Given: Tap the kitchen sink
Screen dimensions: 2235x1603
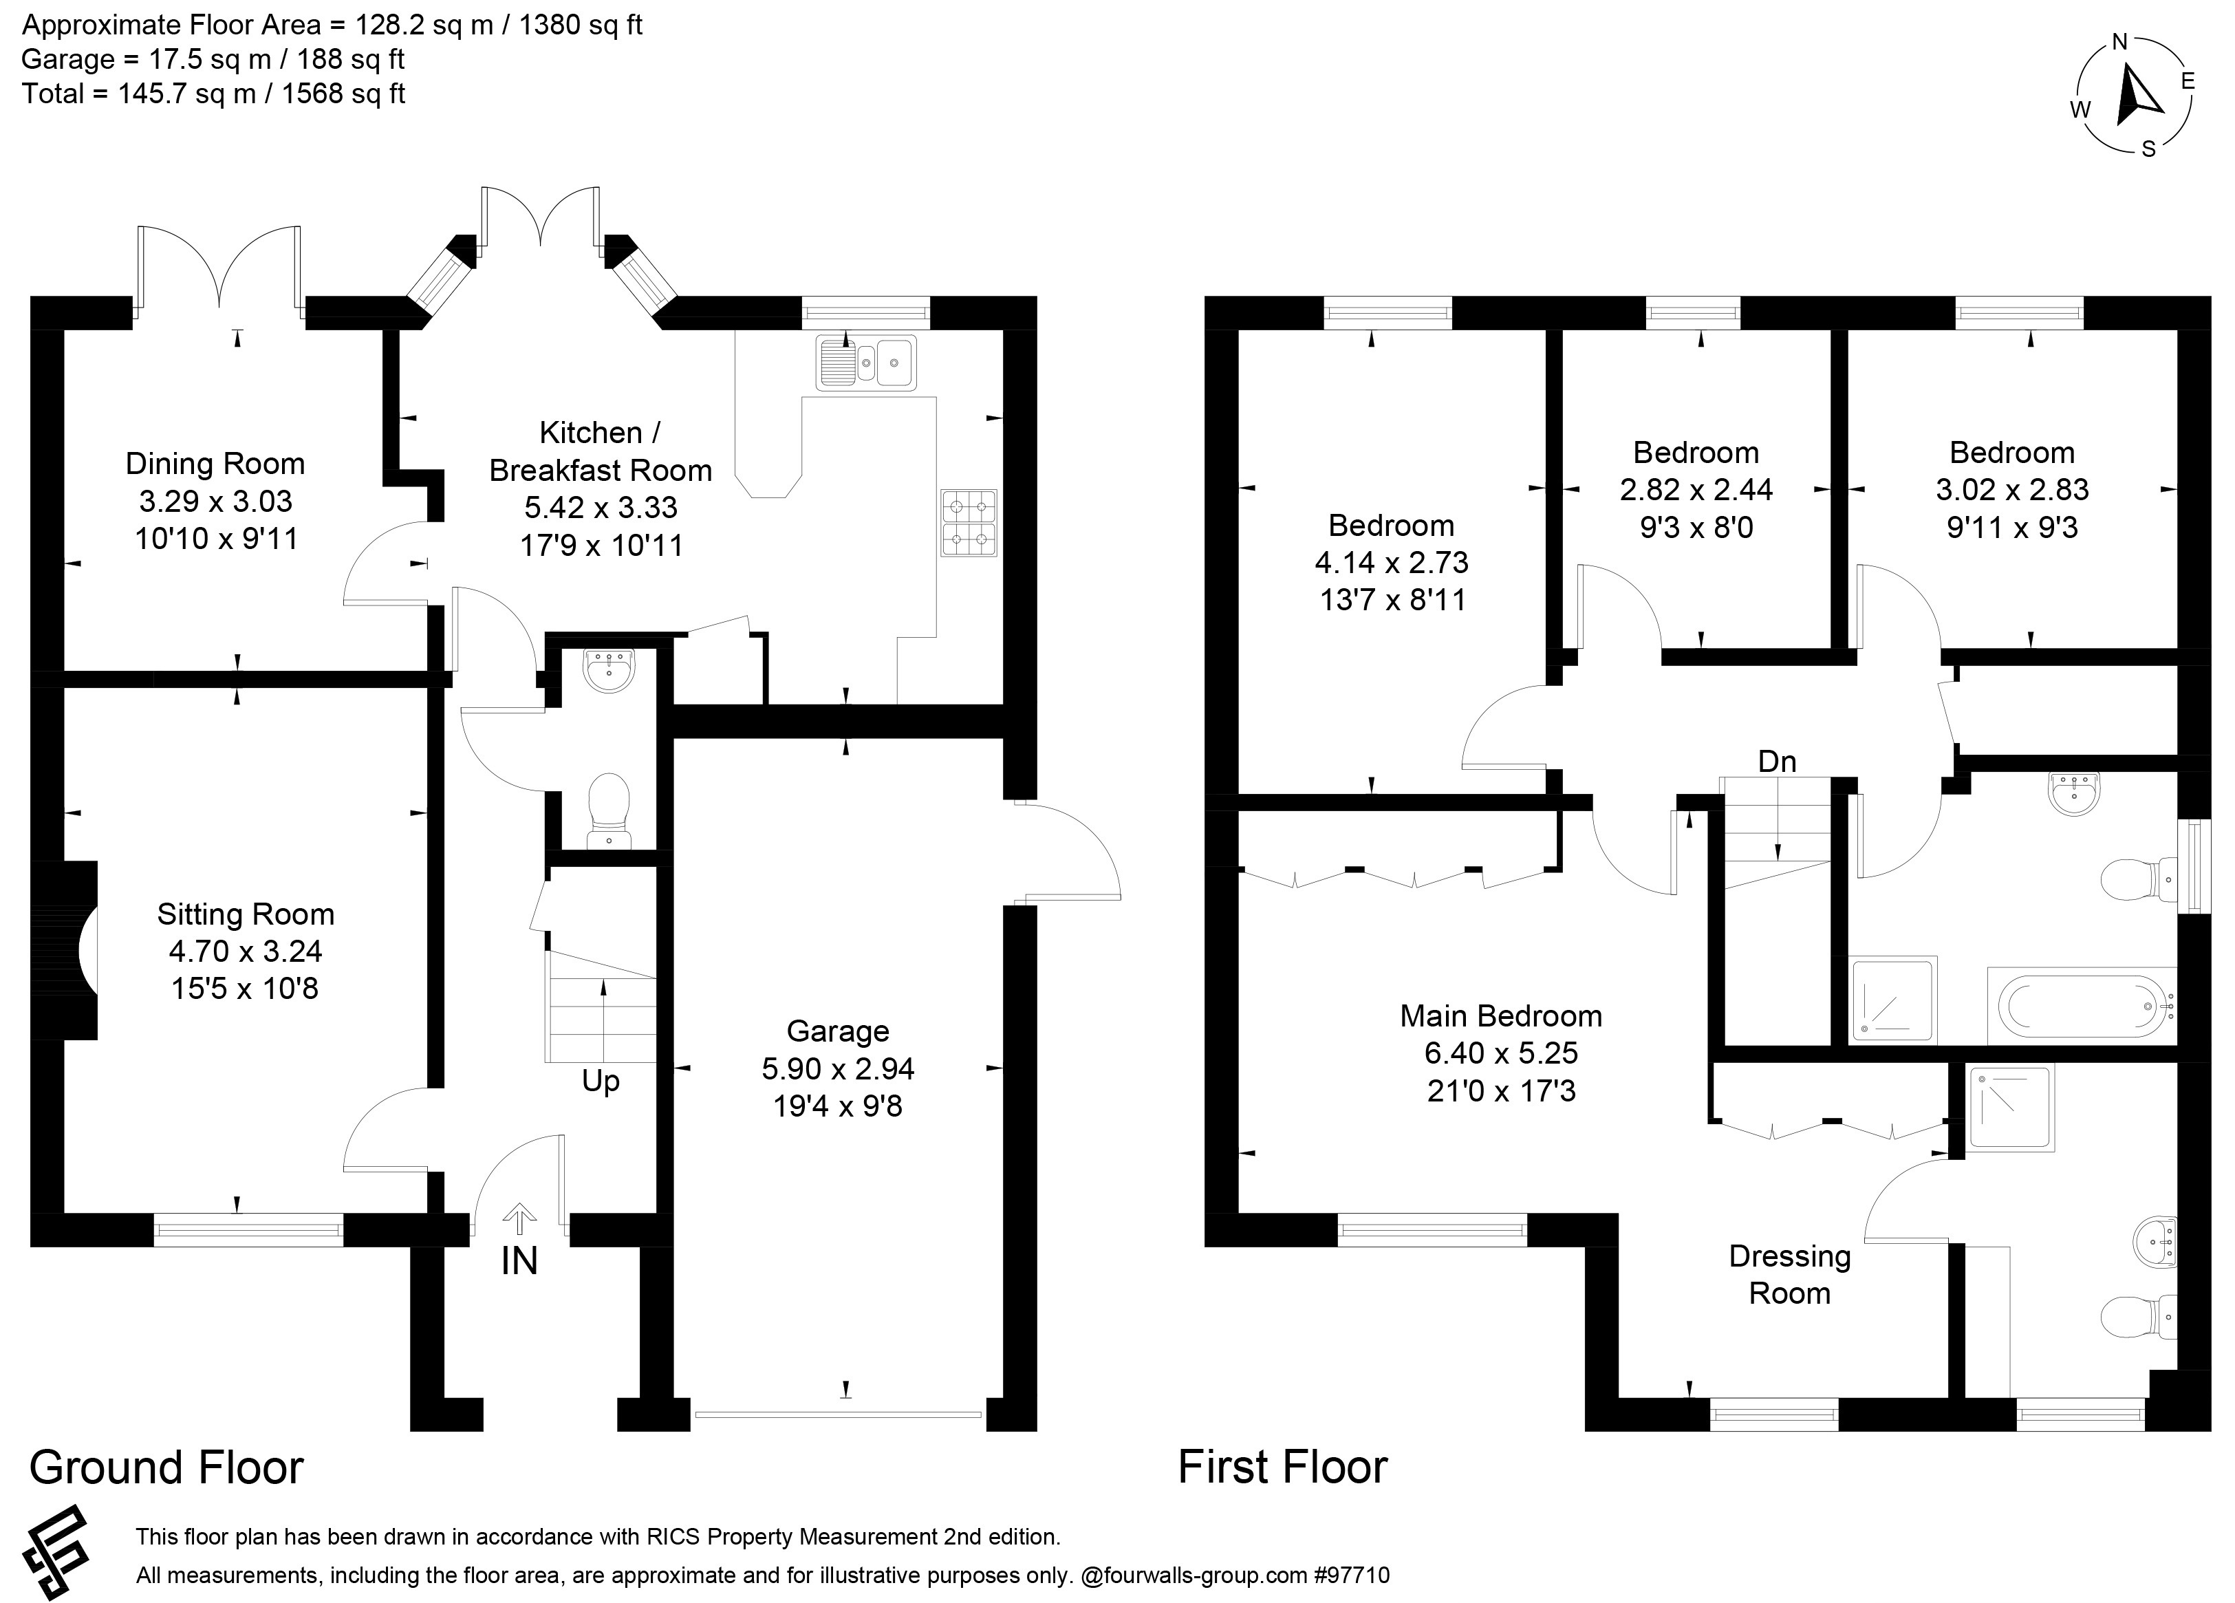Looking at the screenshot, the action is pos(866,362).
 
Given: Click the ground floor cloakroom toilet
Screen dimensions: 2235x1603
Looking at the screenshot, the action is pos(609,810).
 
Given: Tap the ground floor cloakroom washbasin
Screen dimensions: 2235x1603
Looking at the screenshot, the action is pos(611,669).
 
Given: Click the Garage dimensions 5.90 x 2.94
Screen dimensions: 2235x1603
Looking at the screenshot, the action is pos(838,1068).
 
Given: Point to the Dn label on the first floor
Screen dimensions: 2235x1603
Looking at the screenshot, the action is pos(1777,761).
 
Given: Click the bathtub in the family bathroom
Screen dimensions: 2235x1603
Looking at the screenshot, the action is pos(2082,1007).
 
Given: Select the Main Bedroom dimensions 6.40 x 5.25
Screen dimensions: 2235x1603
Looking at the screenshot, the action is pos(1501,1053).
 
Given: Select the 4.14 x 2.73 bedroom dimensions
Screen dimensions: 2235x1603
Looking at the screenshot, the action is pos(1392,562).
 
